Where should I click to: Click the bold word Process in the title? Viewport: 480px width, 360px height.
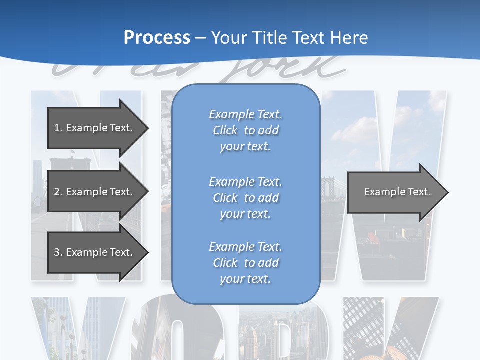pos(157,38)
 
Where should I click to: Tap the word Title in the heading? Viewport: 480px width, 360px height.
pos(269,38)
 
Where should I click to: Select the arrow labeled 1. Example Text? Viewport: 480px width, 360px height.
pos(93,128)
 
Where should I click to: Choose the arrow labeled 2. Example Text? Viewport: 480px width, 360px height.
pos(93,192)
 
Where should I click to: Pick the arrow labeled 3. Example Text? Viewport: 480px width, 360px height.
pos(93,252)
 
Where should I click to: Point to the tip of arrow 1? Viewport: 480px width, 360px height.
pos(147,128)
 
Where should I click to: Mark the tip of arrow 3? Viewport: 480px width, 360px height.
pos(147,252)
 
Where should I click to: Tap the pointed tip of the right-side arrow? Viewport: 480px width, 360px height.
pos(447,192)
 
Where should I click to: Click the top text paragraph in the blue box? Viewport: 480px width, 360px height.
pos(245,130)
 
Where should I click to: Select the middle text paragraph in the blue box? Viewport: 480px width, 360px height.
pos(245,198)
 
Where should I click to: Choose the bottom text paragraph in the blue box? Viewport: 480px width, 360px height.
pos(245,263)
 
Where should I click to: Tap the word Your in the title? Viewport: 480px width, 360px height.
pos(228,38)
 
